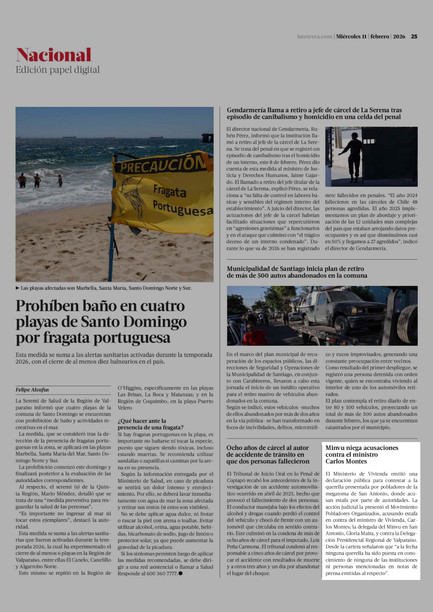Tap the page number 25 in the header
[x=414, y=36]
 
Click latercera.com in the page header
[x=315, y=36]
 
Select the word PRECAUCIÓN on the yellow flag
[x=163, y=164]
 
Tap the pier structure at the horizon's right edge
[x=207, y=138]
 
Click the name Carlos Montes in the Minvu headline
[x=346, y=461]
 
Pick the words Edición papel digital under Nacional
[x=58, y=70]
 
